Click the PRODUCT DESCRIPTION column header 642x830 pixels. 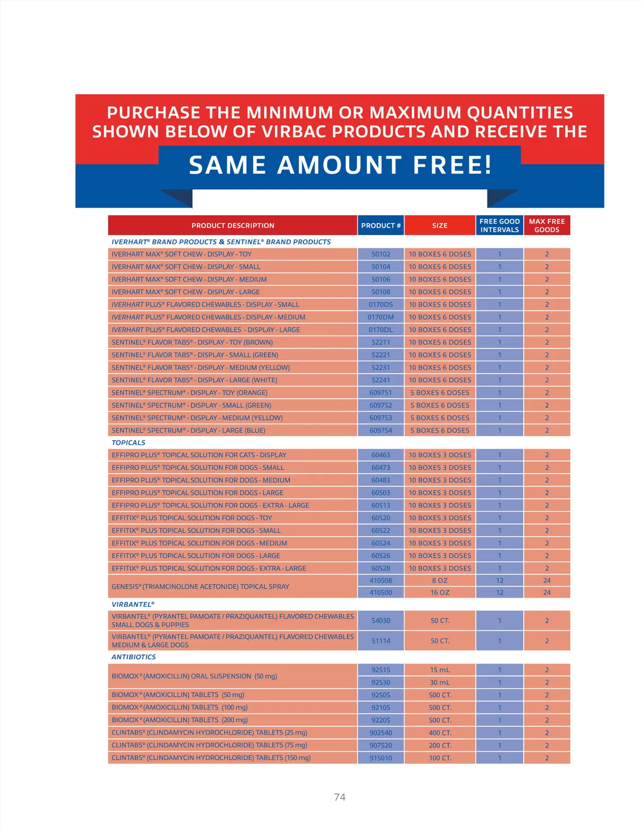click(233, 225)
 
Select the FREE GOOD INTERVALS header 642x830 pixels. click(499, 225)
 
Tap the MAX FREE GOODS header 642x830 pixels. click(547, 225)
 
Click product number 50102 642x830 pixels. click(381, 254)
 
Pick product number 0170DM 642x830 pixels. click(381, 317)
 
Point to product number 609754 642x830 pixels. click(381, 430)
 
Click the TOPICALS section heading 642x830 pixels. click(128, 443)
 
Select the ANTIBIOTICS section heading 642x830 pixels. click(134, 657)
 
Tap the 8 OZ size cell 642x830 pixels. click(440, 581)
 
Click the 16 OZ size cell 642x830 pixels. click(440, 592)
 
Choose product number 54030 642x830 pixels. click(381, 621)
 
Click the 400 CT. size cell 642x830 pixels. click(440, 733)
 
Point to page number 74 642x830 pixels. click(340, 797)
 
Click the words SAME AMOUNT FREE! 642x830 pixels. click(340, 165)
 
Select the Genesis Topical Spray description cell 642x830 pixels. click(201, 587)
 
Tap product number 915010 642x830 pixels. click(381, 758)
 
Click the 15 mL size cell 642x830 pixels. click(440, 670)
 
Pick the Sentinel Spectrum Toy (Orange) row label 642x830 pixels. click(189, 393)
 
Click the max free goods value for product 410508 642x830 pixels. click(547, 581)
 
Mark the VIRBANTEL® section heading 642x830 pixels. click(133, 604)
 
